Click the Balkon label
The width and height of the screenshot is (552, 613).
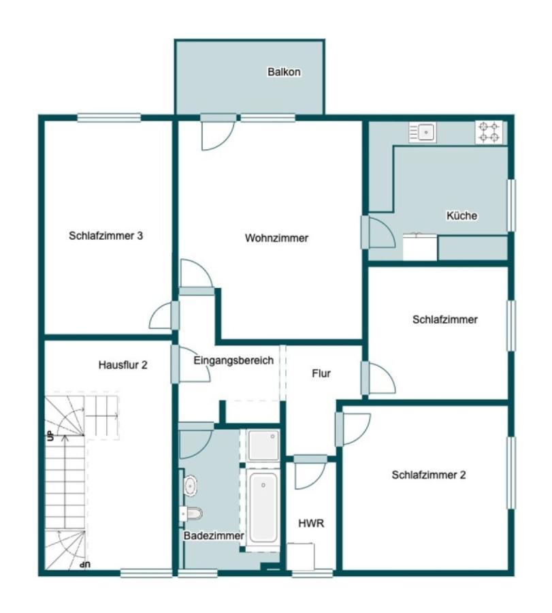284,72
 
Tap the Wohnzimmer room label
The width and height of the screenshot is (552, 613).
276,238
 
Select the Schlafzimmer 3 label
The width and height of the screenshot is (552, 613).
106,236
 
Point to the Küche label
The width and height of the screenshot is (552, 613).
461,215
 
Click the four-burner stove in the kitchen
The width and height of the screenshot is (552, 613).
489,131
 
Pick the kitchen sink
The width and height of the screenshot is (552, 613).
423,132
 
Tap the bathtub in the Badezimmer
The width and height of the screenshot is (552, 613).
263,507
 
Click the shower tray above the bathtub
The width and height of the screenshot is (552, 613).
263,445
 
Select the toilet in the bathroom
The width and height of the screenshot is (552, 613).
191,514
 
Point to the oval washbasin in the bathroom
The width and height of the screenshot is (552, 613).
191,486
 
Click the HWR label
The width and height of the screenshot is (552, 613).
311,524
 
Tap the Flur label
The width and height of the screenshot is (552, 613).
321,373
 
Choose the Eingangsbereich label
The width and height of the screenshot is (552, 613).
233,360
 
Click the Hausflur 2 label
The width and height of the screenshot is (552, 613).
123,365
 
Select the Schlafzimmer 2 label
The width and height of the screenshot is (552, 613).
429,475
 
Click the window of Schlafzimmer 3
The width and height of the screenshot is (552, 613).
109,117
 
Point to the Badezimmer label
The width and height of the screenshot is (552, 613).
214,535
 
